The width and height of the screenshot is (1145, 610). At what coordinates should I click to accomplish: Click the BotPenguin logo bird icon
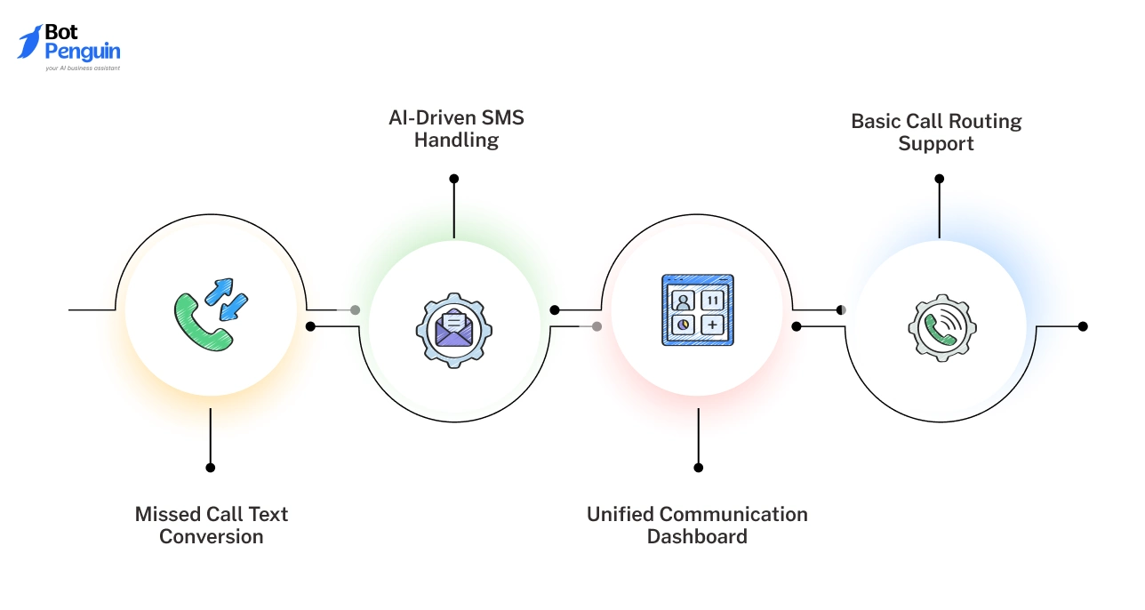pos(28,42)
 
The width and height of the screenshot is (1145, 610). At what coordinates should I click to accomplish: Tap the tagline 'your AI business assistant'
pos(83,68)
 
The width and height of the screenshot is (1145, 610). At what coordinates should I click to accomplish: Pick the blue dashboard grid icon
pos(698,310)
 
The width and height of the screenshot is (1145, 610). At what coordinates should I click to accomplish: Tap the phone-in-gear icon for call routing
pos(941,328)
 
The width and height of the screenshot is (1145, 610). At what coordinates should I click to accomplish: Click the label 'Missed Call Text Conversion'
pos(212,526)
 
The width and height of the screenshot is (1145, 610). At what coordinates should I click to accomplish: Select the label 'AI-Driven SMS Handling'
pos(456,129)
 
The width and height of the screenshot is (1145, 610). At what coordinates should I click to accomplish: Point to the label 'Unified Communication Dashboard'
pos(697,526)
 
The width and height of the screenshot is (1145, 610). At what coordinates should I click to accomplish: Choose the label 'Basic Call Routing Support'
pos(936,132)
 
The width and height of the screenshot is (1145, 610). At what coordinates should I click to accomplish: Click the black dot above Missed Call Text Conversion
pos(211,467)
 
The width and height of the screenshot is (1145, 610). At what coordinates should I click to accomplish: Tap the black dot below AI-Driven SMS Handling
pos(454,179)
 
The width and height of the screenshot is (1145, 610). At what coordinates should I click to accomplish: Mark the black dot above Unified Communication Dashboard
pos(699,467)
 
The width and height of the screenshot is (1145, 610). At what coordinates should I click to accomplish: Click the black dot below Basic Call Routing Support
pos(939,179)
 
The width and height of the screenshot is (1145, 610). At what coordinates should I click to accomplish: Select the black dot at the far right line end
pos(1083,326)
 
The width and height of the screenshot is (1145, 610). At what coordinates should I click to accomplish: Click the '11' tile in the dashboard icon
pos(712,301)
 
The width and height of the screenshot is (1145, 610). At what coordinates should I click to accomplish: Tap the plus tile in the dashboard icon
pos(712,325)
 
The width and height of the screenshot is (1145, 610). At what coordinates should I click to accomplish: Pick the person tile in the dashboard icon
pos(684,301)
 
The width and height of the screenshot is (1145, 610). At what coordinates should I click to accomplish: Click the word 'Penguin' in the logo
pos(82,52)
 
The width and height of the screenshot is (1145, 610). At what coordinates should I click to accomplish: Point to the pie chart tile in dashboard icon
pos(684,325)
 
